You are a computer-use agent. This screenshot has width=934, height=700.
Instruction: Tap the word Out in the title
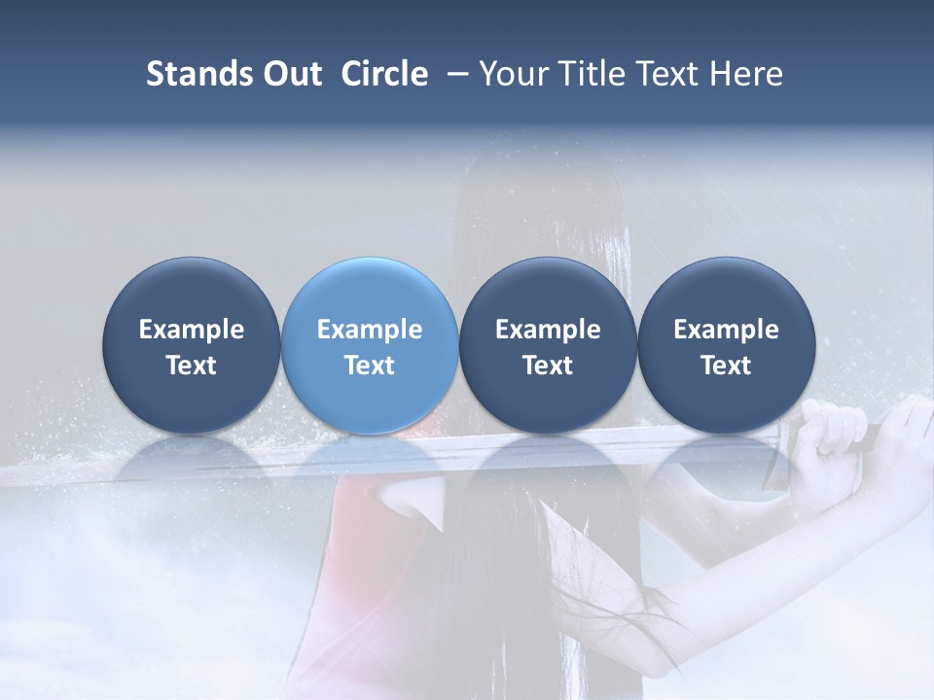(x=289, y=74)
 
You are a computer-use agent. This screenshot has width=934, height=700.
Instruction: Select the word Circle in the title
(x=384, y=74)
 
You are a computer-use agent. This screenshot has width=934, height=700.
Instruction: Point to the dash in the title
(x=454, y=74)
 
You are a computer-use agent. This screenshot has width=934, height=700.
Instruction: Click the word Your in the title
(x=511, y=74)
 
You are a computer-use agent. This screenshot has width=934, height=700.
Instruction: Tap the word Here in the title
(x=745, y=74)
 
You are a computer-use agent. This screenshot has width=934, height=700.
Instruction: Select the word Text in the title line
(x=662, y=74)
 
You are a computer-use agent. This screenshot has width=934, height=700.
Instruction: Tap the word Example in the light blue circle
(x=370, y=330)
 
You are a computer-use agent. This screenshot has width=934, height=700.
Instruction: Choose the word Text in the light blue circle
(x=370, y=366)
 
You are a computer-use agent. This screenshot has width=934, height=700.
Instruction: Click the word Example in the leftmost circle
(x=192, y=330)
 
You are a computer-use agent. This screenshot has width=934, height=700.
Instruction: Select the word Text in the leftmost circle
(x=192, y=366)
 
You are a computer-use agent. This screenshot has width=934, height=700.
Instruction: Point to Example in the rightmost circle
(x=726, y=330)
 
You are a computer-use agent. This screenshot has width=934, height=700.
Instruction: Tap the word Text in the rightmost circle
(x=726, y=366)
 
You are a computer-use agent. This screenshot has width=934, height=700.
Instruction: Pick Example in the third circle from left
(x=548, y=330)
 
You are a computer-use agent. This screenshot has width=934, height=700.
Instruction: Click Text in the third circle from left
(x=548, y=366)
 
